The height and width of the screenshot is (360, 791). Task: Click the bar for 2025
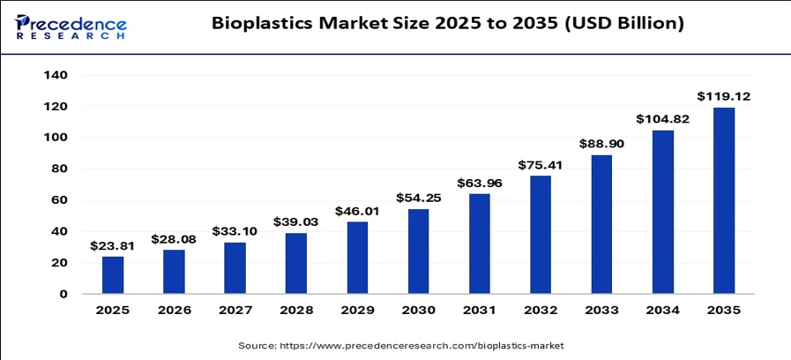(x=113, y=274)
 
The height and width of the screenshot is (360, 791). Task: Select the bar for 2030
(x=418, y=251)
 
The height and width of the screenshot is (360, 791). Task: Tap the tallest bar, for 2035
(x=724, y=200)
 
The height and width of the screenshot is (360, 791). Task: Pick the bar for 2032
(x=541, y=235)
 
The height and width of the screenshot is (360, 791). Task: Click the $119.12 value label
(x=723, y=96)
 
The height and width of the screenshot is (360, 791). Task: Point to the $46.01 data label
(x=356, y=211)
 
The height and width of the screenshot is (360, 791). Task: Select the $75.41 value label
(x=541, y=165)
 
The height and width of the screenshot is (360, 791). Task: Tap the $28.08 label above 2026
(x=174, y=239)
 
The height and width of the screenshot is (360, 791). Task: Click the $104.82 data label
(x=662, y=119)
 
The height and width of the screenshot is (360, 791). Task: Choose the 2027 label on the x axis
(x=235, y=310)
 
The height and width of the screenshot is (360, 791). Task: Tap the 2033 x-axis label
(x=601, y=310)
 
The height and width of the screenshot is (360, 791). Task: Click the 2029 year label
(x=357, y=310)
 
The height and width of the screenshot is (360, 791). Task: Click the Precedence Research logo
(x=71, y=27)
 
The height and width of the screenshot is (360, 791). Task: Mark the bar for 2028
(x=295, y=263)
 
